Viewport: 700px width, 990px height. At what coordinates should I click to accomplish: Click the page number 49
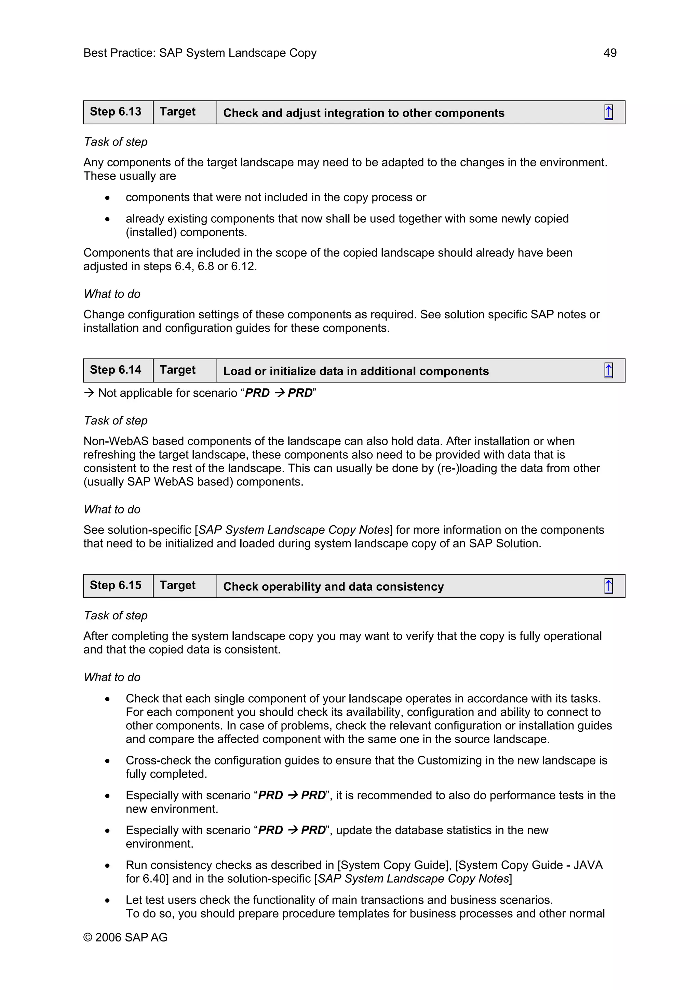tap(609, 53)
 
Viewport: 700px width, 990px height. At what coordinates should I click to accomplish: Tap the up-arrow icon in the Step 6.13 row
tap(608, 112)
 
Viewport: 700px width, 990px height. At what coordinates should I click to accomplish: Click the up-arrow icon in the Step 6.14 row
tap(608, 371)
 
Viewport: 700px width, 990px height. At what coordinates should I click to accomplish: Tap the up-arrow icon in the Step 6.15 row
tap(608, 586)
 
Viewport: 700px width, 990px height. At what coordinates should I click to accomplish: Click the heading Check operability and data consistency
tap(333, 587)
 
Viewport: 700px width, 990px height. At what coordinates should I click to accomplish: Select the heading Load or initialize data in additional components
tap(355, 371)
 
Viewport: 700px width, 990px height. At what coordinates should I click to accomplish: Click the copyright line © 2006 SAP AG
tap(125, 937)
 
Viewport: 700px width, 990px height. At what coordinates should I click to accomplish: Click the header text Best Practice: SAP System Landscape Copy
tap(200, 53)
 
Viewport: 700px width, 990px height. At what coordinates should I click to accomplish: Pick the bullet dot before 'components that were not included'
tap(107, 198)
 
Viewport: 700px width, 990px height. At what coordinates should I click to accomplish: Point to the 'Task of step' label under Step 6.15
tap(116, 615)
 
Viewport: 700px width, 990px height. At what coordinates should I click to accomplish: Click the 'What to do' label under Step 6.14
tap(112, 509)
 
